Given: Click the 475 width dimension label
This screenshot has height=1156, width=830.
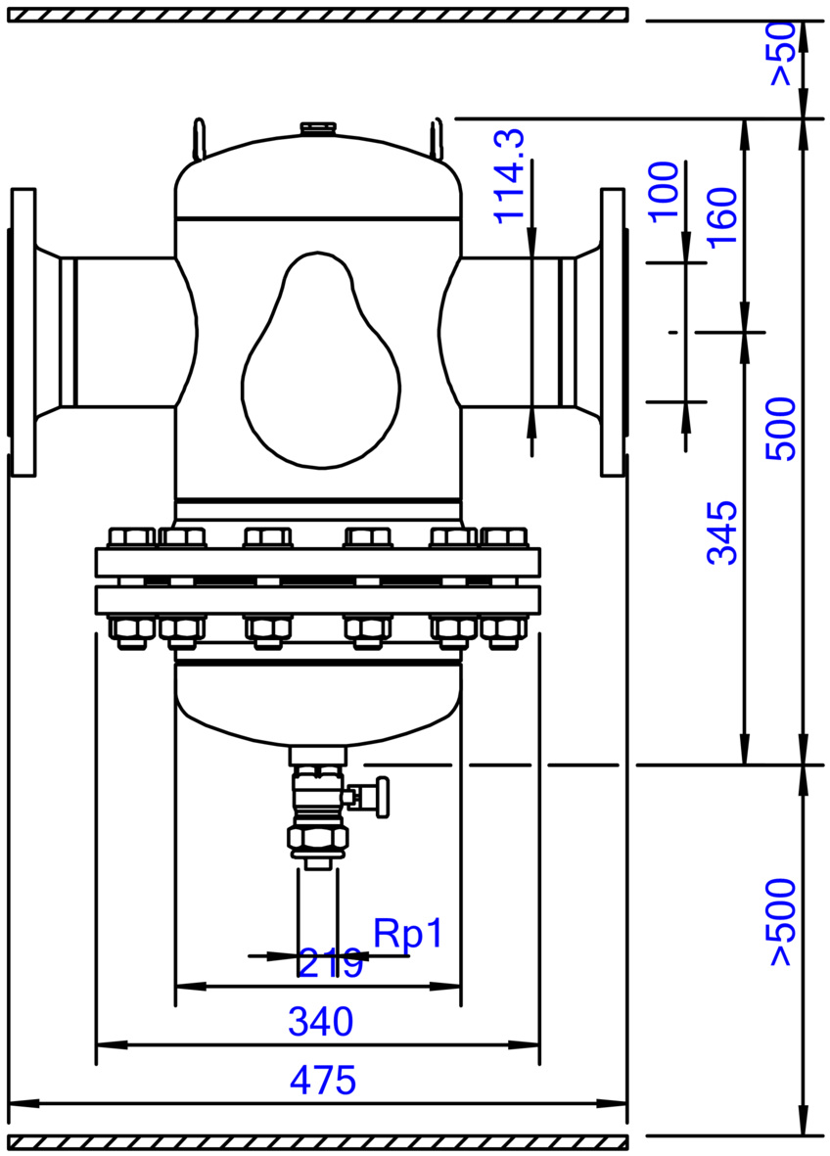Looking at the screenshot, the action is point(323,1081).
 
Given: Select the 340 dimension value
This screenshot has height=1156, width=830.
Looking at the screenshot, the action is point(321,1022).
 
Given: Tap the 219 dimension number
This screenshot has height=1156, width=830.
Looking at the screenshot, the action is point(330,963).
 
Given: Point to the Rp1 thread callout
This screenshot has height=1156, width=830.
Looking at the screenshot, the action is point(408,934).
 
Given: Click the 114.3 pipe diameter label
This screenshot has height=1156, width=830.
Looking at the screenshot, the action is point(509,175).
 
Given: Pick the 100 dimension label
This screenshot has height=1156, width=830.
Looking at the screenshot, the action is point(664,190).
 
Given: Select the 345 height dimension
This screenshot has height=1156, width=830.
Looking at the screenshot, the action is point(721,532).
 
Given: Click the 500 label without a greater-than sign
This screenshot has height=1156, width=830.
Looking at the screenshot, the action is point(781,429).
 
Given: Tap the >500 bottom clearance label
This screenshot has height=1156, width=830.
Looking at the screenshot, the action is point(781,921).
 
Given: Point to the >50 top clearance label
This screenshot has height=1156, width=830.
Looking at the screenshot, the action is point(783,54).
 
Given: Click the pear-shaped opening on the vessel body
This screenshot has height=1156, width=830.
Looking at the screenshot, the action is point(321,360).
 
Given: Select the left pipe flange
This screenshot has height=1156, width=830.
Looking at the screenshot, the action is point(23,332).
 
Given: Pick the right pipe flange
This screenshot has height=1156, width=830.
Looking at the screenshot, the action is point(614,332).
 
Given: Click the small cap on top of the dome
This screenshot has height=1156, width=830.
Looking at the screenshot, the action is point(318,128).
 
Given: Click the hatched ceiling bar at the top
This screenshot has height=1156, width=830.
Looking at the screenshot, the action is point(318,15).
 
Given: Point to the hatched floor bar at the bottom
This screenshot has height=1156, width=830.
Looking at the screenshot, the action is point(318,1142).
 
